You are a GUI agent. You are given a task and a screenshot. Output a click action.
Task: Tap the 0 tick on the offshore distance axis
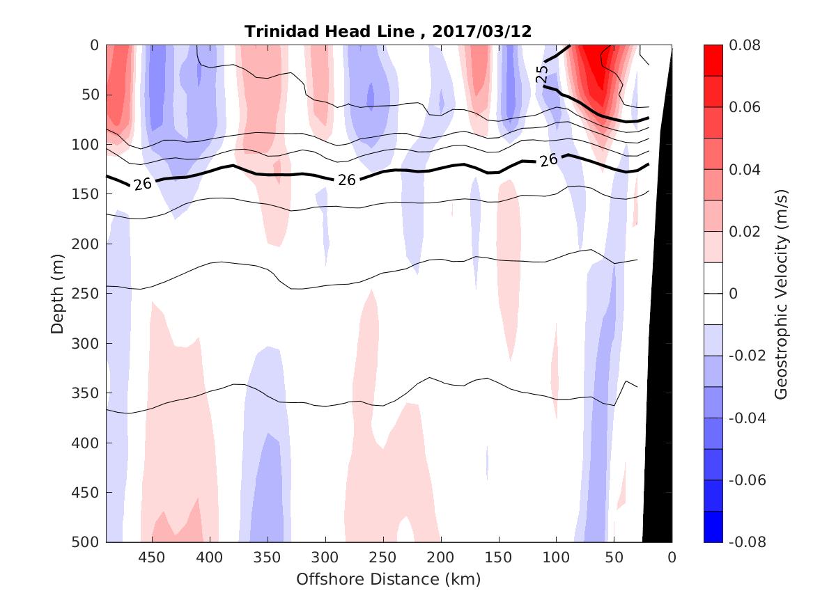point(672,557)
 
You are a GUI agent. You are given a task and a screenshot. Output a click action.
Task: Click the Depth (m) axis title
point(57,294)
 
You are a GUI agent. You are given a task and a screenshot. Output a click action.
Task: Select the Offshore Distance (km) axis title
point(388,579)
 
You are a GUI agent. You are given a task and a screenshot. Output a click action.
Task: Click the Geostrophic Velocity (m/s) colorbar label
point(780,294)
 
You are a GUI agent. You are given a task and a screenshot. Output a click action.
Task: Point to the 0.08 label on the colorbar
point(744,45)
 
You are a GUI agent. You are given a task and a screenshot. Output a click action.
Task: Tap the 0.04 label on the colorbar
point(744,170)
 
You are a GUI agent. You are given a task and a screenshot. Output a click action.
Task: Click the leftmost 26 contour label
point(142,184)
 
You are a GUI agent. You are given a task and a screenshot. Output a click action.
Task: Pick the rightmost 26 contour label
point(548,160)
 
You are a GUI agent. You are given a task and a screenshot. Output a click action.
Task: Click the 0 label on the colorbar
point(732,294)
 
